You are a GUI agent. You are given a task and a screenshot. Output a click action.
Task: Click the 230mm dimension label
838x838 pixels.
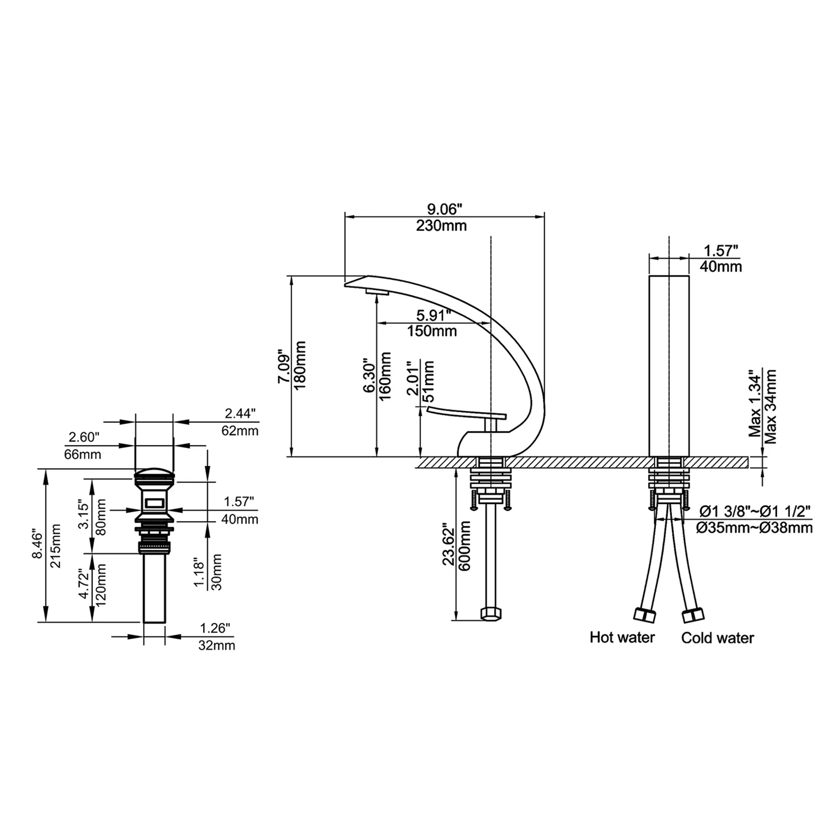pyautogui.click(x=442, y=226)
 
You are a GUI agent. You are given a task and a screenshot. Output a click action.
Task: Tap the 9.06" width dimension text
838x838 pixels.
pyautogui.click(x=445, y=209)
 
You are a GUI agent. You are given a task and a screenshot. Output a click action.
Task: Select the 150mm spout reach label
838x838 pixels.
pyautogui.click(x=432, y=331)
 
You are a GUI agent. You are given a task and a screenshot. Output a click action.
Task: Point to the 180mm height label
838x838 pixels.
pyautogui.click(x=300, y=365)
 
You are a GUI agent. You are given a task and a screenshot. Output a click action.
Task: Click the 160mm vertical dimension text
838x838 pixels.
pyautogui.click(x=385, y=376)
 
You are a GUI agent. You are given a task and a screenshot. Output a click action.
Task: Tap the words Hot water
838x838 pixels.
pyautogui.click(x=622, y=637)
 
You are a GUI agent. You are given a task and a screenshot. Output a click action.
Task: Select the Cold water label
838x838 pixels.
pyautogui.click(x=718, y=637)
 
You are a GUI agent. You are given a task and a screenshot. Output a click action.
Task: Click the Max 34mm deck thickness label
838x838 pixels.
pyautogui.click(x=770, y=406)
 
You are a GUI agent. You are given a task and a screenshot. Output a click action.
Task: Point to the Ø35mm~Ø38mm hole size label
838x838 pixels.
pyautogui.click(x=754, y=527)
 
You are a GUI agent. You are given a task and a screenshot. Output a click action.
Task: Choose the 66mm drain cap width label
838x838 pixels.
pyautogui.click(x=83, y=454)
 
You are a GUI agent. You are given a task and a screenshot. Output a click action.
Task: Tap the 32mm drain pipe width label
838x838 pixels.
pyautogui.click(x=216, y=645)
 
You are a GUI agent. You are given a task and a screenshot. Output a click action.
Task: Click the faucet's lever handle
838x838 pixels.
pyautogui.click(x=467, y=415)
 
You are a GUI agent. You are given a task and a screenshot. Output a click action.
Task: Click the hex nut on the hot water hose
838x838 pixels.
pyautogui.click(x=644, y=615)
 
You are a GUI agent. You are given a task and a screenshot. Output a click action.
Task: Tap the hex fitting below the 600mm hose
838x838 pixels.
pyautogui.click(x=491, y=614)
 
